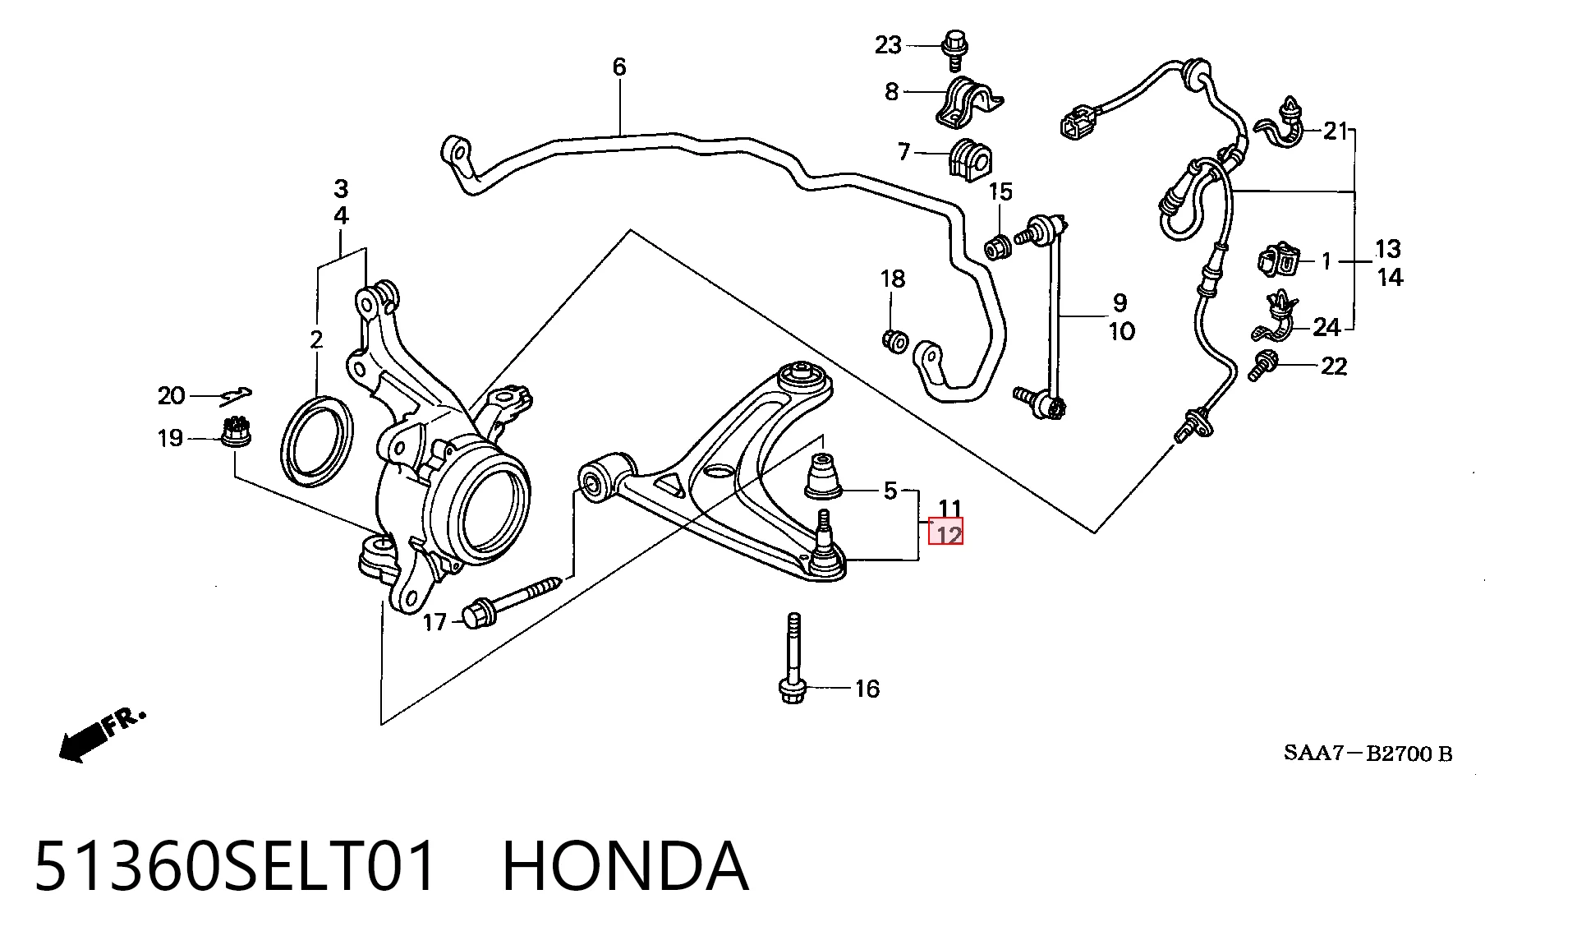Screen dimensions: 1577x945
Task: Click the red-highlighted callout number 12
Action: [945, 535]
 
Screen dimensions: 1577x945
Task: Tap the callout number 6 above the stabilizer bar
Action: [619, 67]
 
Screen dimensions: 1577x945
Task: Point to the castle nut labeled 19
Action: [237, 432]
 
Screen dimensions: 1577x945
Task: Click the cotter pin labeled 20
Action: [236, 396]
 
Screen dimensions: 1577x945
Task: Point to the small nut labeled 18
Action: [894, 339]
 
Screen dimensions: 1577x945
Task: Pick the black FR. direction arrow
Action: [103, 736]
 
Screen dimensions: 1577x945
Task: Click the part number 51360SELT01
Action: [235, 867]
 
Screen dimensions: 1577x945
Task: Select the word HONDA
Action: [625, 867]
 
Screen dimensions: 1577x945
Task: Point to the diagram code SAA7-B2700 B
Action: [1368, 753]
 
